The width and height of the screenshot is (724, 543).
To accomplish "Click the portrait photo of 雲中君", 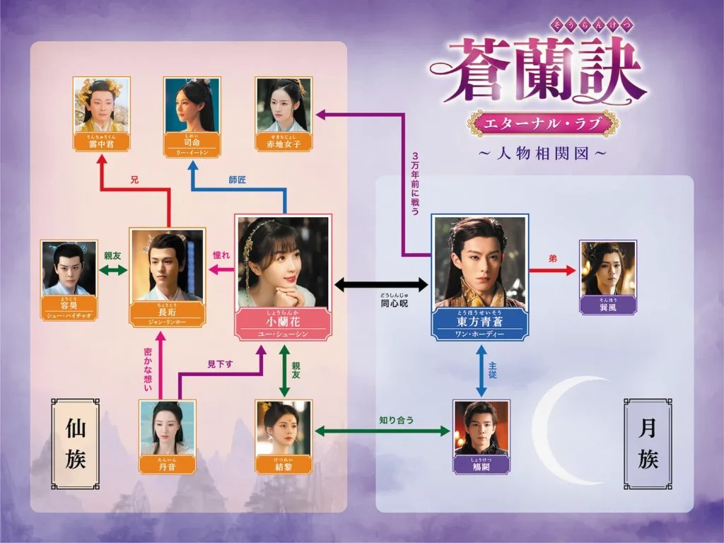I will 102,104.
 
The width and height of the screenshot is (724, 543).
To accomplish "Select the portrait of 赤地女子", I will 284,104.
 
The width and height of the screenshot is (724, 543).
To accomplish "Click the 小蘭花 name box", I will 283,326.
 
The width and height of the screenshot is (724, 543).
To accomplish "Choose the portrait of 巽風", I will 608,268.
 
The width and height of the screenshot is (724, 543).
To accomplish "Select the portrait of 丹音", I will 167,427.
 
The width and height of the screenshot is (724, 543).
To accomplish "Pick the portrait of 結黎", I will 283,427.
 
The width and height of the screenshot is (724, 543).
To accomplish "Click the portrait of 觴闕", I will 481,427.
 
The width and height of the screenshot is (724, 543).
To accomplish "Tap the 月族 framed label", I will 648,443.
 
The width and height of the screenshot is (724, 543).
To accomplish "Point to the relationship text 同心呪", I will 383,303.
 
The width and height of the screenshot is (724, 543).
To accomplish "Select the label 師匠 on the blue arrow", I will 238,180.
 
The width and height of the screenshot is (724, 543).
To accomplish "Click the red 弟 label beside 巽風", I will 553,259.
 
